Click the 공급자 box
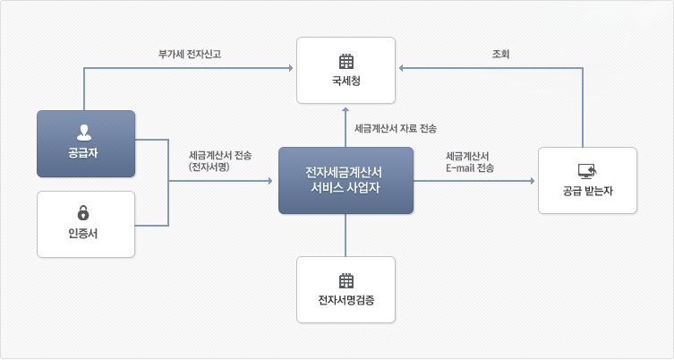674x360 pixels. [86, 143]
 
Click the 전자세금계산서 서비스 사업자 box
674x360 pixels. [346, 181]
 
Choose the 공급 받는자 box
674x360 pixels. [587, 180]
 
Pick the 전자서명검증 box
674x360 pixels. [346, 290]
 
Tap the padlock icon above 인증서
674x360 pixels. [84, 212]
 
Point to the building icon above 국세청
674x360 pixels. [346, 62]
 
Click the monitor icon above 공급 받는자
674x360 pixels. [587, 170]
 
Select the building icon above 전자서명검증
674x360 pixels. [346, 280]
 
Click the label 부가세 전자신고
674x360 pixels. [190, 55]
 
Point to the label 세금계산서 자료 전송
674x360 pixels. [395, 128]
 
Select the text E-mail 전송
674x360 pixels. [469, 167]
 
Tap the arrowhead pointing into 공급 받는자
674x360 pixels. [533, 181]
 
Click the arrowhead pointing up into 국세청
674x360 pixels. [346, 109]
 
